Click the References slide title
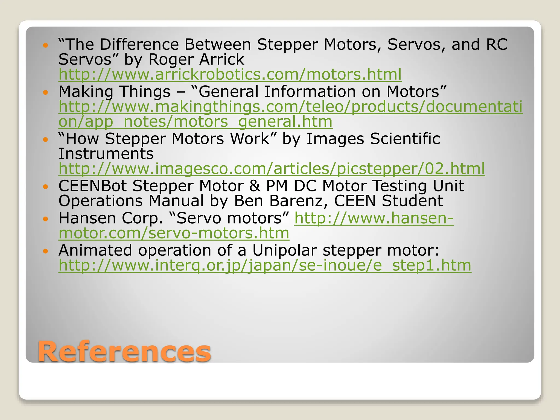click(124, 352)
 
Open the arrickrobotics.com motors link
click(230, 74)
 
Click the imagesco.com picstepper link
click(272, 169)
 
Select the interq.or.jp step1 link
click(265, 266)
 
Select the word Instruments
click(106, 154)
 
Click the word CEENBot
click(92, 186)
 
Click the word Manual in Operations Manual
click(176, 201)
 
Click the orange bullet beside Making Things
click(46, 92)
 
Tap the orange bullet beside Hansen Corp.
click(46, 219)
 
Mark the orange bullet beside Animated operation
click(46, 251)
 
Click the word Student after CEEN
click(412, 201)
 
